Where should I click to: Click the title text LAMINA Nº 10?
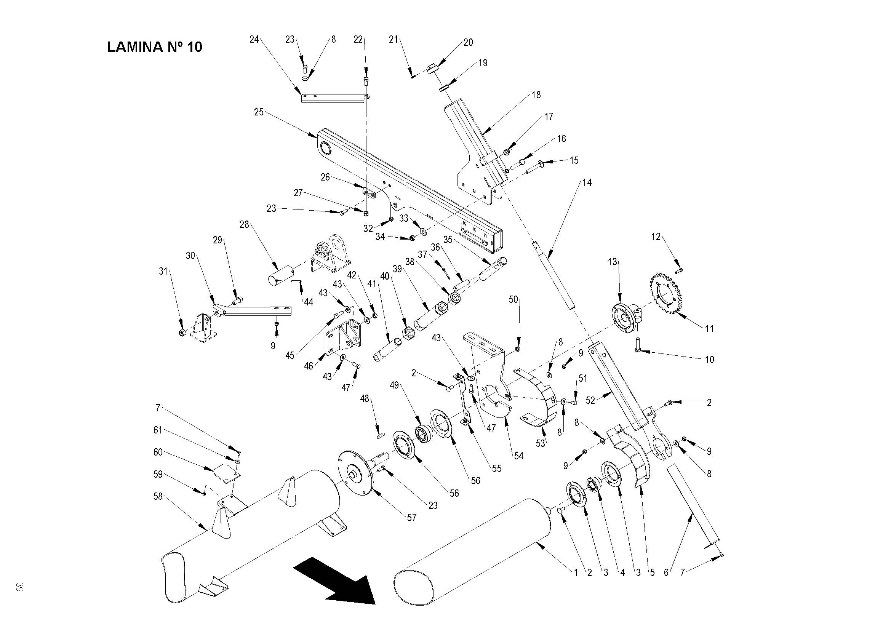pyautogui.click(x=154, y=47)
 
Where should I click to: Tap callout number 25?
pyautogui.click(x=258, y=112)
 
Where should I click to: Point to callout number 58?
pyautogui.click(x=158, y=496)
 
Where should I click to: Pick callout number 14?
pyautogui.click(x=587, y=182)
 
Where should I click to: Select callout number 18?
pyautogui.click(x=536, y=95)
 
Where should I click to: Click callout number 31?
pyautogui.click(x=163, y=271)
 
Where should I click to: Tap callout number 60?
pyautogui.click(x=158, y=452)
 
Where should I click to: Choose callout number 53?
pyautogui.click(x=540, y=443)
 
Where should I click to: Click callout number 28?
pyautogui.click(x=244, y=224)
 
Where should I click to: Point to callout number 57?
pyautogui.click(x=411, y=518)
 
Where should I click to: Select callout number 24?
pyautogui.click(x=254, y=39)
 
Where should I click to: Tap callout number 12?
pyautogui.click(x=656, y=236)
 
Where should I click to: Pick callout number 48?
pyautogui.click(x=365, y=398)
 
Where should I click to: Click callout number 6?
pyautogui.click(x=666, y=572)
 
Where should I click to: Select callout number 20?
pyautogui.click(x=469, y=42)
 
